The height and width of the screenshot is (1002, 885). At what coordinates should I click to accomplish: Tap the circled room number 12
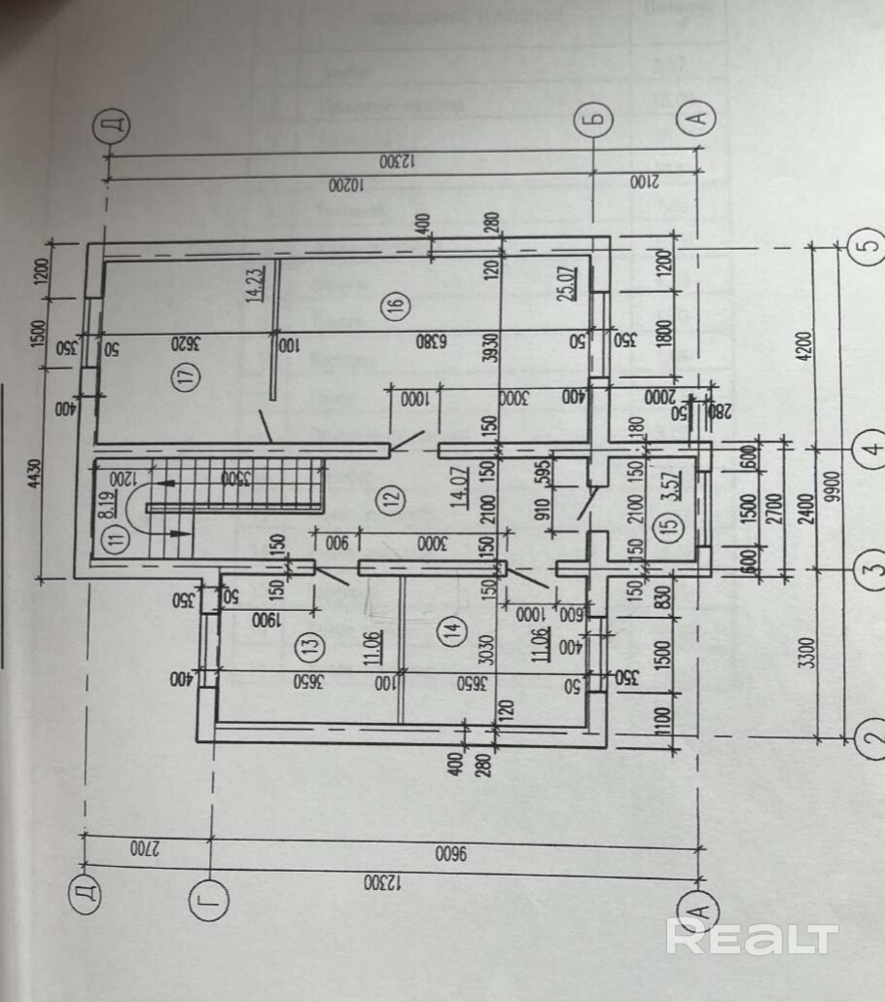click(x=392, y=500)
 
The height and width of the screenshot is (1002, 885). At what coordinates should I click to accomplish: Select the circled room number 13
click(x=310, y=644)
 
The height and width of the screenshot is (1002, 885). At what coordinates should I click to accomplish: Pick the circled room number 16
click(x=394, y=305)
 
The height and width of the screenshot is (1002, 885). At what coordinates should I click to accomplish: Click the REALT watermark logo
click(x=751, y=937)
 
